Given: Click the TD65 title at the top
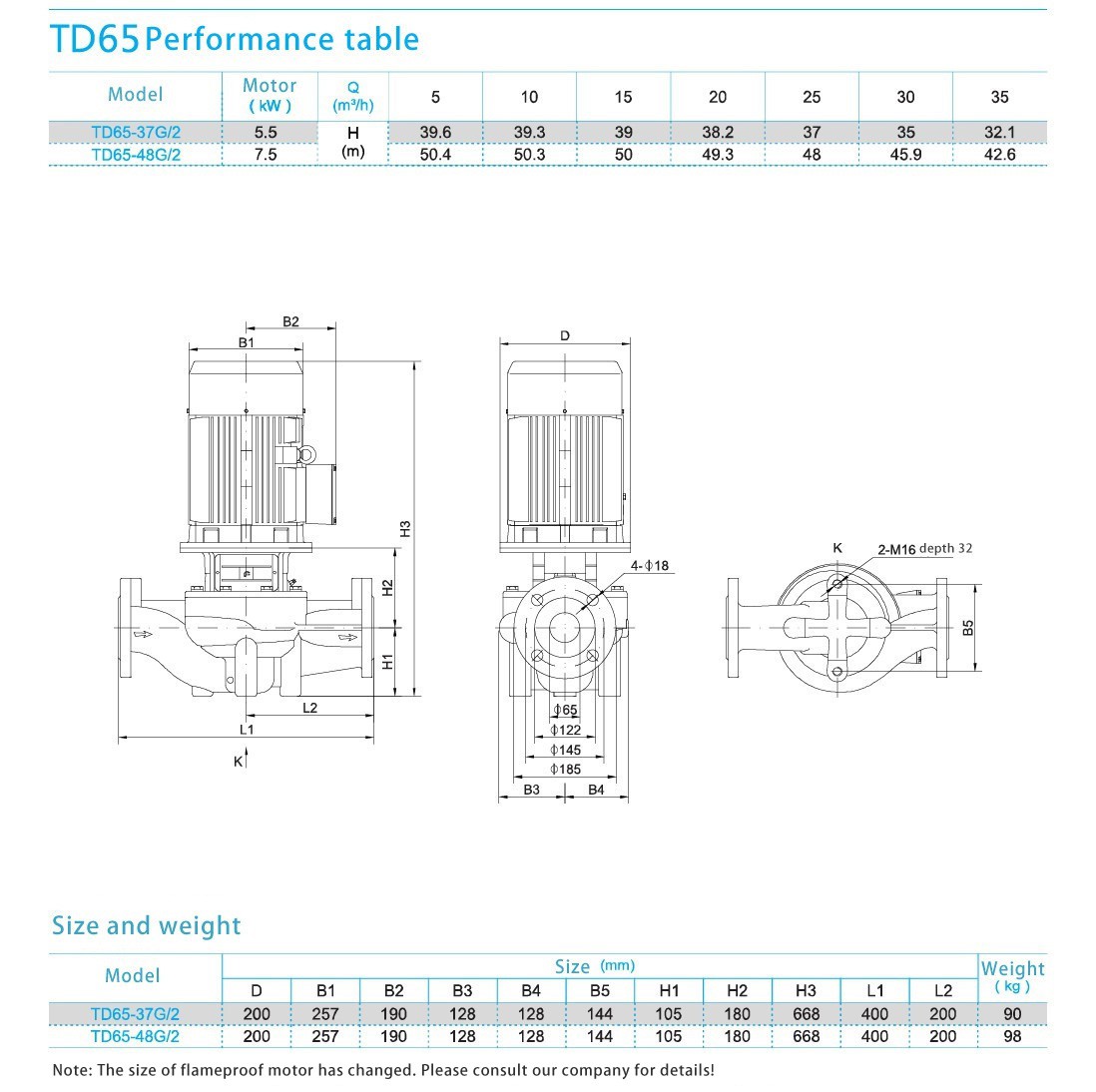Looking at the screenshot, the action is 95,39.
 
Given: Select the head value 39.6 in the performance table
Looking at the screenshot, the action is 435,132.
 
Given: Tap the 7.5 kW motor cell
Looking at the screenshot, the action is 266,155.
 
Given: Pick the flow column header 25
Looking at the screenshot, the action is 812,97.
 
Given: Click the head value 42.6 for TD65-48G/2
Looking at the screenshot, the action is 999,155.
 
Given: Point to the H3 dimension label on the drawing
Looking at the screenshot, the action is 405,528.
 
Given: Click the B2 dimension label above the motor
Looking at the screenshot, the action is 290,321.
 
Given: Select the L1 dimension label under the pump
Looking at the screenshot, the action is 247,730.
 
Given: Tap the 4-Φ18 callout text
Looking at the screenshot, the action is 650,566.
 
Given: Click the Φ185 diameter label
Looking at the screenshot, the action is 566,769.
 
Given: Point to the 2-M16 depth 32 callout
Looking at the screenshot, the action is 924,549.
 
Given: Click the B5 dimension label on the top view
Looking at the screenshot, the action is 968,628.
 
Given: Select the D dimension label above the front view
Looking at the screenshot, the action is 565,335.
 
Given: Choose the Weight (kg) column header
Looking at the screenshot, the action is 1012,976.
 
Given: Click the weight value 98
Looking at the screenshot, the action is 1012,1036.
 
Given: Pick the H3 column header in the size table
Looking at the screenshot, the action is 806,990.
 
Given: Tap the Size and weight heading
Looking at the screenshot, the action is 146,925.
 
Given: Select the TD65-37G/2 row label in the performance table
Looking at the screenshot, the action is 136,132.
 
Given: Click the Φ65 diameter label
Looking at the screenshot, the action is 566,711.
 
